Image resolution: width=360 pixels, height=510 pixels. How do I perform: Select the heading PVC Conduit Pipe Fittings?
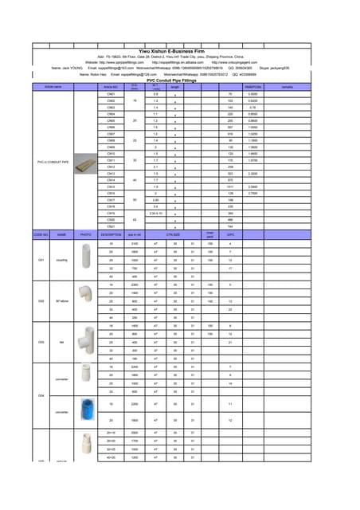tap(180, 79)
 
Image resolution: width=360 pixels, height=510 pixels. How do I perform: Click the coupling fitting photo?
tap(86, 257)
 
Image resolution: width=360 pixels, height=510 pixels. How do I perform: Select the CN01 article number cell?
tap(111, 94)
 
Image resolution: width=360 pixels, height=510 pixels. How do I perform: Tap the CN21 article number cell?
tap(111, 227)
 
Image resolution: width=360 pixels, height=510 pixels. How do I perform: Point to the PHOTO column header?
tap(86, 235)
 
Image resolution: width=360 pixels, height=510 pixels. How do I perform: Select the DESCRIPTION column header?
tap(111, 235)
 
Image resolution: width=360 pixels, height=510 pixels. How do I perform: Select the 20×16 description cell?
tap(111, 433)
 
